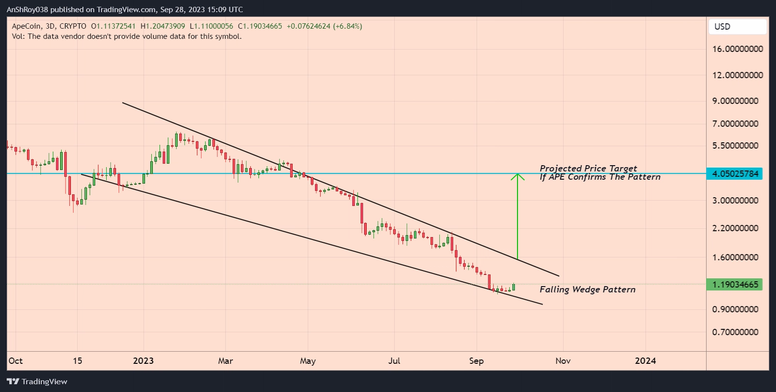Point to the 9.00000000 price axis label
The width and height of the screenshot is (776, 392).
click(734, 101)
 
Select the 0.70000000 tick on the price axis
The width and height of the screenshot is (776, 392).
click(734, 332)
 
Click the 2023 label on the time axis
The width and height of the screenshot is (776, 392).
click(143, 361)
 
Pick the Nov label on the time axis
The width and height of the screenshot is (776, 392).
click(563, 361)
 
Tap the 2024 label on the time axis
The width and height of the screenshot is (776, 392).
click(646, 361)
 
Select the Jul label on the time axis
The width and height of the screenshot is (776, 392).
click(394, 361)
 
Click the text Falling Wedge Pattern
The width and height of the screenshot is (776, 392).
click(587, 290)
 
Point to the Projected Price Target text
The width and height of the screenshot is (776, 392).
click(588, 169)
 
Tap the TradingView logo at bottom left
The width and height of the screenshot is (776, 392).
click(37, 382)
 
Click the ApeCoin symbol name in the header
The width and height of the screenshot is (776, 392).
click(26, 26)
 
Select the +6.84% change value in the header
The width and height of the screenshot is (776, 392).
click(347, 26)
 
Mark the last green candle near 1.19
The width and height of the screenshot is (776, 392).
click(514, 287)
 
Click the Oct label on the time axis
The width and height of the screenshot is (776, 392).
click(16, 361)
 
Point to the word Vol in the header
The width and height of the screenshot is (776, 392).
click(17, 36)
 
